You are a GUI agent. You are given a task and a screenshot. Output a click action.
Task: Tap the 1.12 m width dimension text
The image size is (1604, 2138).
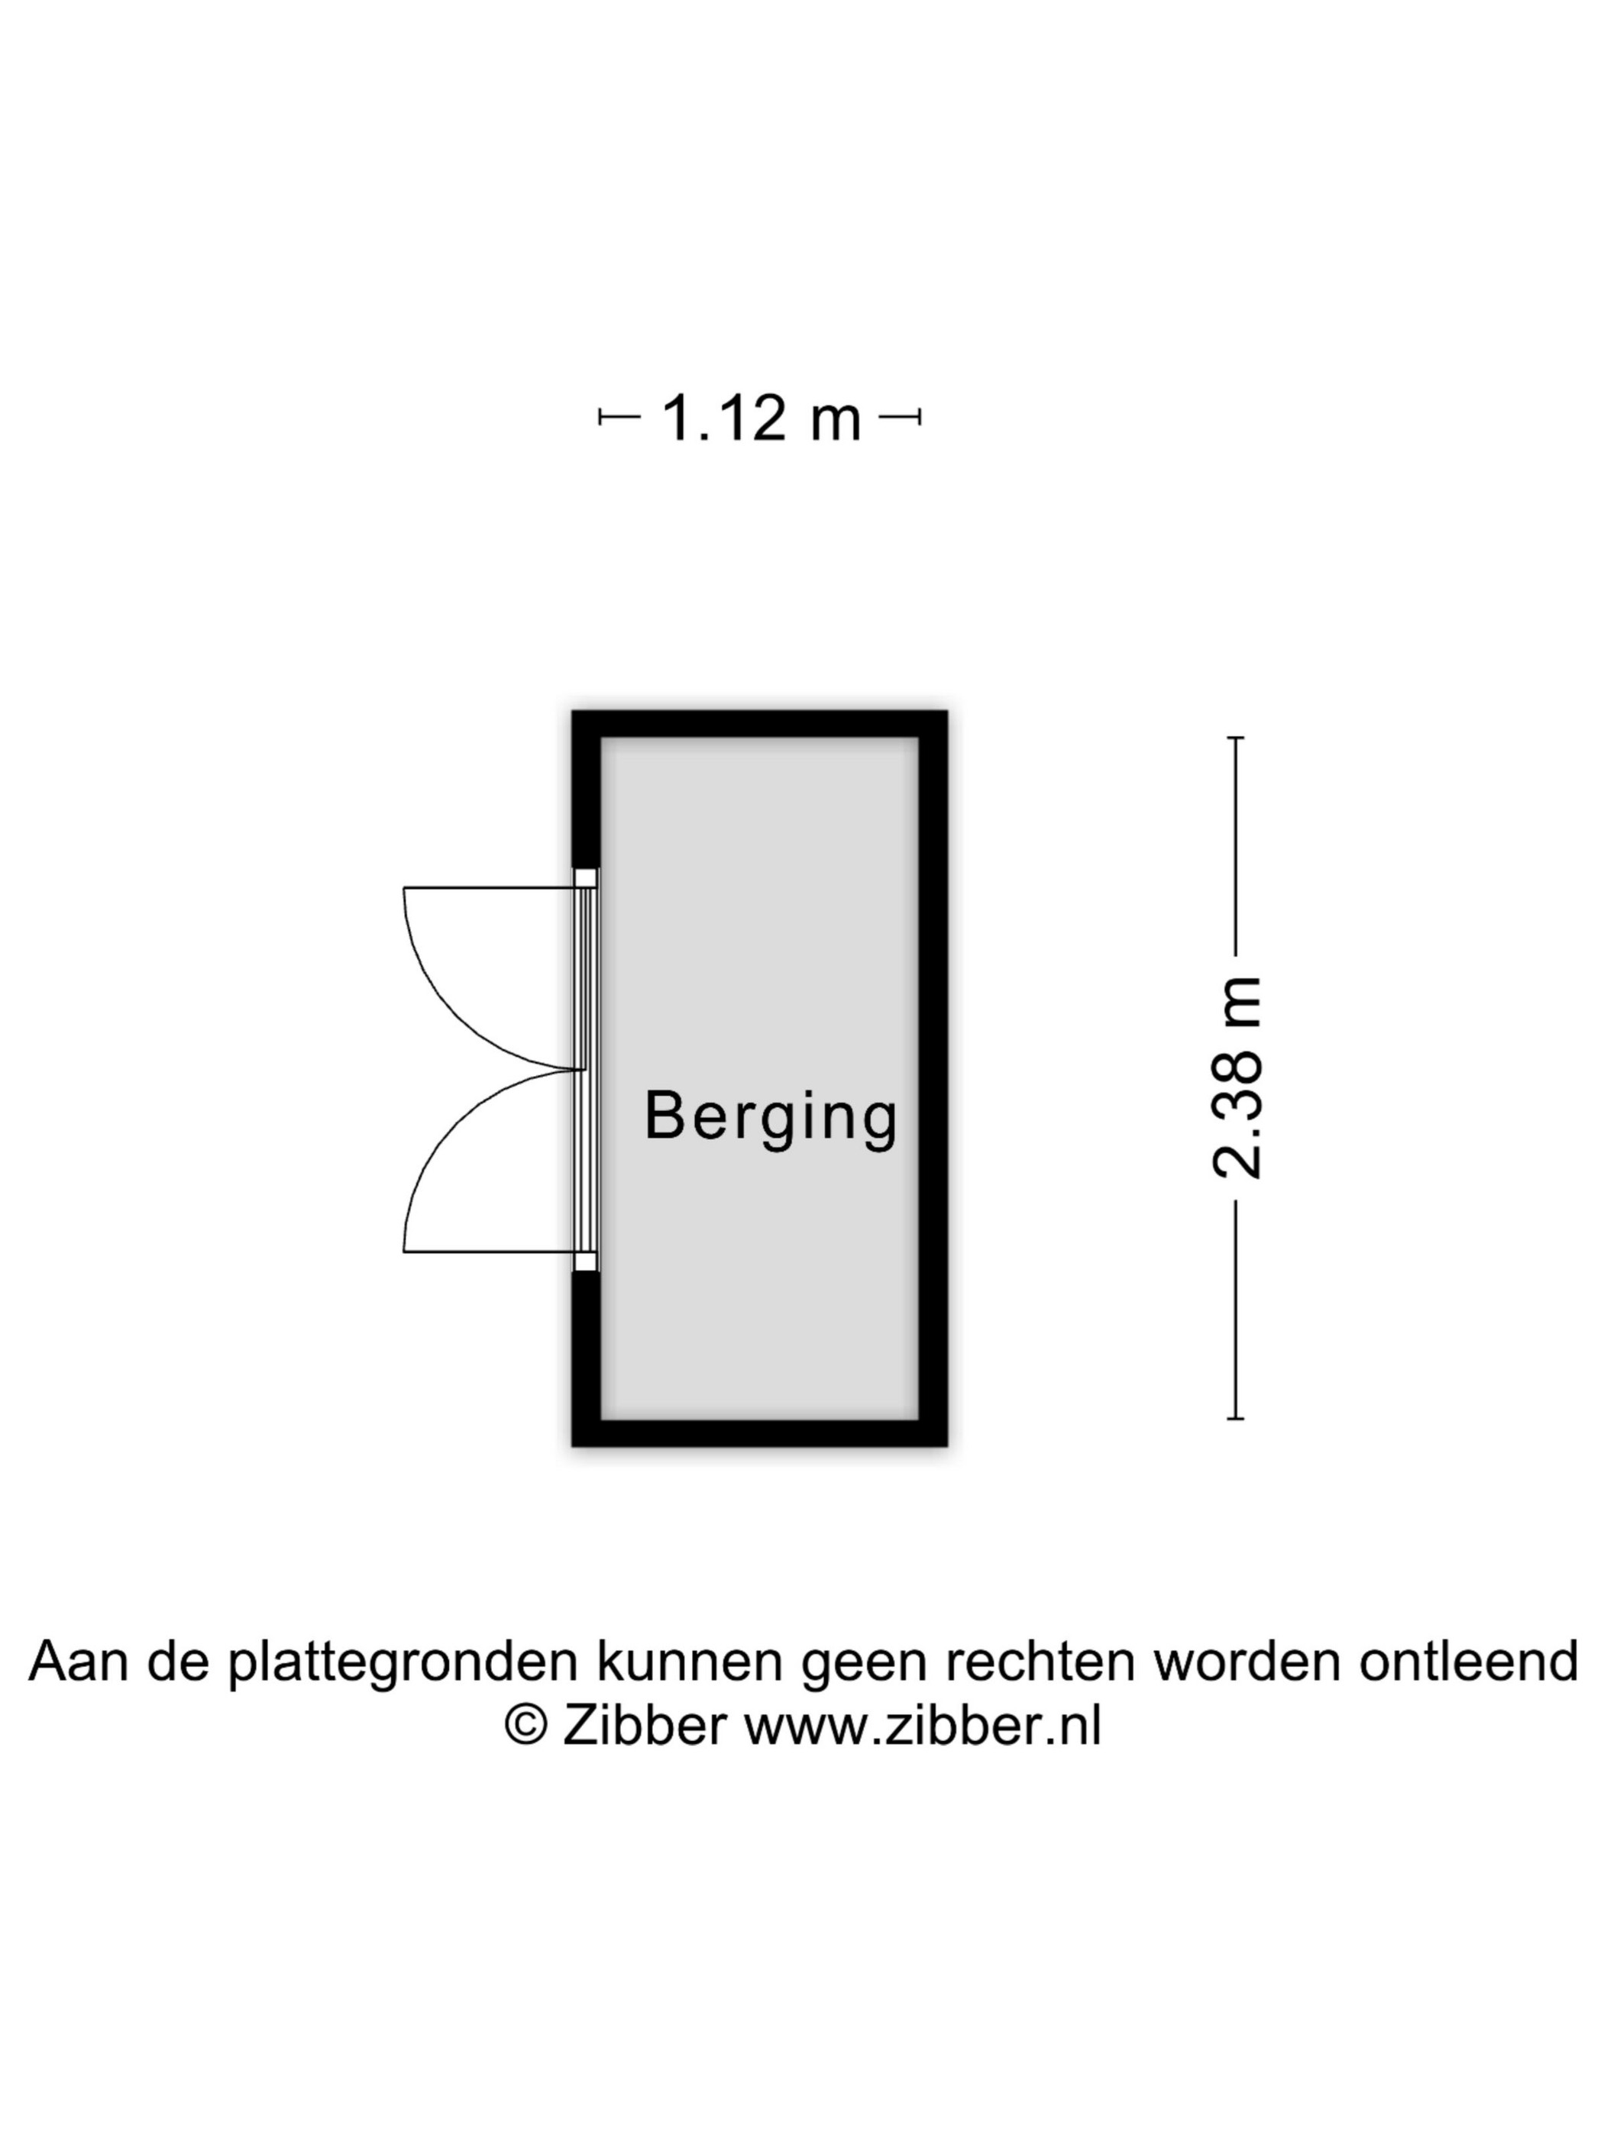760,418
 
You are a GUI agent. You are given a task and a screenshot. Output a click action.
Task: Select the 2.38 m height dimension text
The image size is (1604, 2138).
1237,1077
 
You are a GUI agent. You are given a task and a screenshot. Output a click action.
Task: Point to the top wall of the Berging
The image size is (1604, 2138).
759,724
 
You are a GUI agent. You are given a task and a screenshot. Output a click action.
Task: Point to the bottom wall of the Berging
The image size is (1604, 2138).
759,1432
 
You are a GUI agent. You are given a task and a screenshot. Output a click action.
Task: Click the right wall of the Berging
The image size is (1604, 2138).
933,1077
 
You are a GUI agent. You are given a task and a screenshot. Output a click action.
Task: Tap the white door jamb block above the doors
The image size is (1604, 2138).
586,877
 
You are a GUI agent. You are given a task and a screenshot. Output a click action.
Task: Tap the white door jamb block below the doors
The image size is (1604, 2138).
586,1261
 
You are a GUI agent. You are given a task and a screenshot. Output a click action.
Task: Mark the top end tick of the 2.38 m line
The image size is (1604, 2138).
1236,738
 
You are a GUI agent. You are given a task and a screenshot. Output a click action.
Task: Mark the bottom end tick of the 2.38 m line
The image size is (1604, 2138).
1236,1419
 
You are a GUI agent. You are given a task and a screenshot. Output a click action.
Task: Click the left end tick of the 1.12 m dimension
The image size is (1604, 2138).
600,418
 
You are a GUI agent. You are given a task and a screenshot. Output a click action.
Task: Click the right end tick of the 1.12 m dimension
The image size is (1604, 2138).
919,418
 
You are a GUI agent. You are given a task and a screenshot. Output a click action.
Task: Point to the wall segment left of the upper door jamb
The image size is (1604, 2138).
586,789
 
